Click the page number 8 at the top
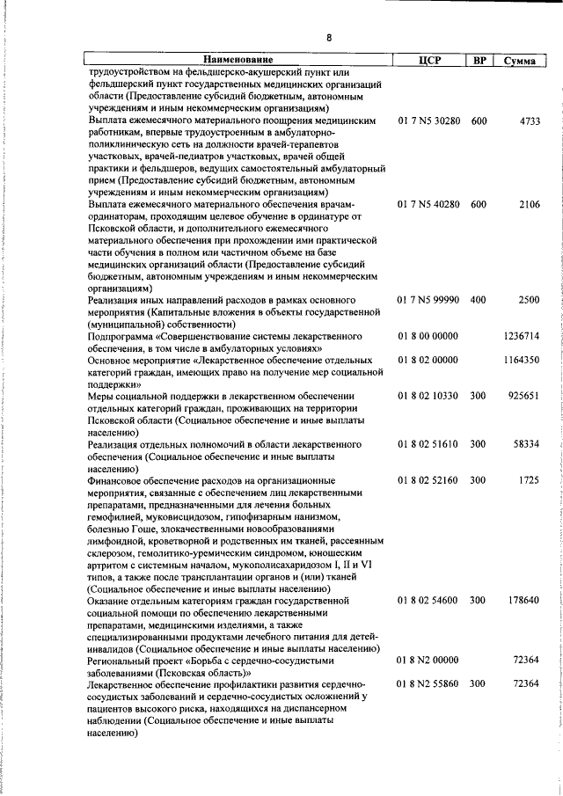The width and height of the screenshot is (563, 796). point(329,38)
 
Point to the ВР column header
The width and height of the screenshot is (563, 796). point(479,60)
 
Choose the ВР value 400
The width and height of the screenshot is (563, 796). point(478,301)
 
